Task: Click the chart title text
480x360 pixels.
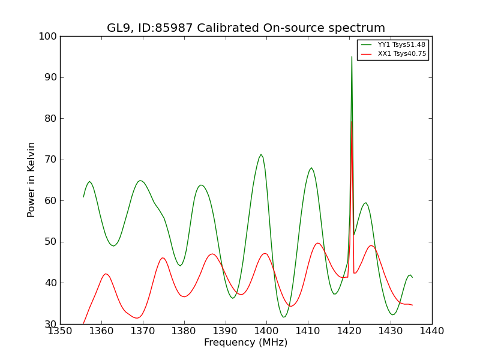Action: (x=246, y=28)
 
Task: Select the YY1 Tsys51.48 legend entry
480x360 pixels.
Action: (x=394, y=44)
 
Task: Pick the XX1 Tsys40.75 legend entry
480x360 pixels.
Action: (x=394, y=54)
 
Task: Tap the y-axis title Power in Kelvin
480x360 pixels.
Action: (x=31, y=179)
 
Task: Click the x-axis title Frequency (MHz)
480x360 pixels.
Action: (x=246, y=343)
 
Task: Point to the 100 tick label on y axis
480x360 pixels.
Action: (x=47, y=37)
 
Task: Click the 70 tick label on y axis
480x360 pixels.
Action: (x=50, y=160)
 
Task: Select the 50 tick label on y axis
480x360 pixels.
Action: (x=50, y=242)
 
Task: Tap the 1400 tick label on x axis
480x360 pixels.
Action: (x=266, y=331)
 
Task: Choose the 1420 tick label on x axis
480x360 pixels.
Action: (x=349, y=331)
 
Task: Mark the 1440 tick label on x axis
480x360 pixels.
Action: (x=432, y=331)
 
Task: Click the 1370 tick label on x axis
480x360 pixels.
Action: (x=143, y=331)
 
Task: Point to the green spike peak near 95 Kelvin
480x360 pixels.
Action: (x=352, y=56)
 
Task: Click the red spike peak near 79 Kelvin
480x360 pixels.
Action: (x=352, y=122)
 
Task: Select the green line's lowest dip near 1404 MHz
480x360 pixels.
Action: (x=283, y=317)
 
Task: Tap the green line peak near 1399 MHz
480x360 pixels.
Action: (x=261, y=154)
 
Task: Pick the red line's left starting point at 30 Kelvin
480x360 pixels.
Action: (x=83, y=323)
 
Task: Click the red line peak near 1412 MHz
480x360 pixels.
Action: (x=318, y=243)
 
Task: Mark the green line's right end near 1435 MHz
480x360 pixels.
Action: (x=412, y=277)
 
